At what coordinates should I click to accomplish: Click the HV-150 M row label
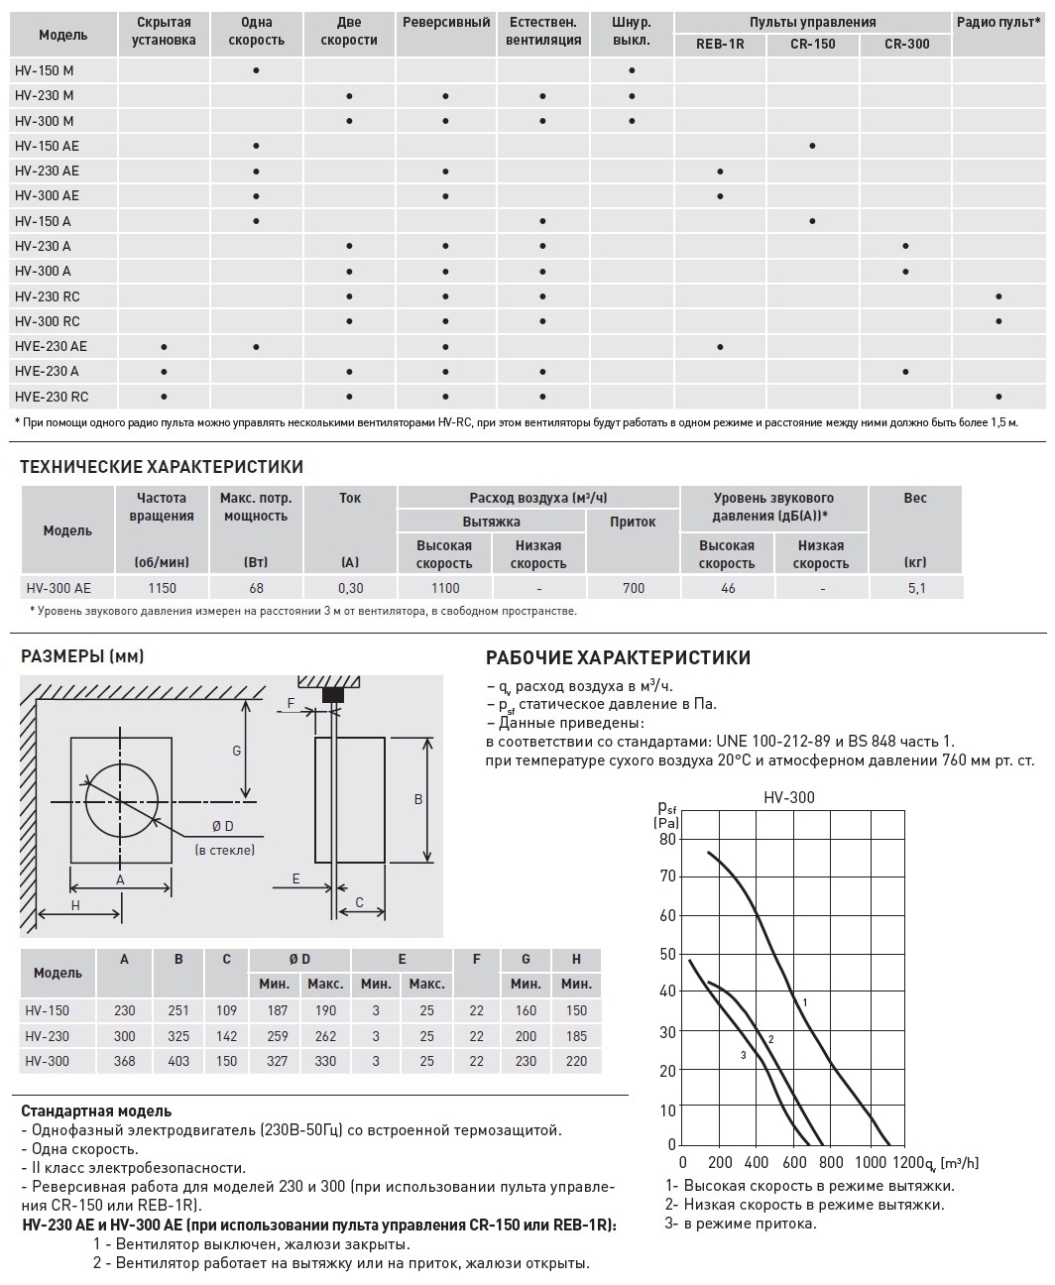click(45, 70)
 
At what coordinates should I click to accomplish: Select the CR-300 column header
click(906, 45)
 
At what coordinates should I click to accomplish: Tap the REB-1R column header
click(720, 45)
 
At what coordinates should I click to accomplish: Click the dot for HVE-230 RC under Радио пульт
click(998, 397)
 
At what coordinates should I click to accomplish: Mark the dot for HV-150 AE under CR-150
click(813, 146)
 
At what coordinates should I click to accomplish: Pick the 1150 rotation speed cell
click(163, 588)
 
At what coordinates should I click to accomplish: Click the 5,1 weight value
click(915, 588)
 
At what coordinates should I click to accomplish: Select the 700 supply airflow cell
click(633, 588)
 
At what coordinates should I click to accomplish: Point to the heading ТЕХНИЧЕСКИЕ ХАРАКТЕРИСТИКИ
click(162, 467)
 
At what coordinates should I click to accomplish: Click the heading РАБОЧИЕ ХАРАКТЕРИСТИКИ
click(618, 658)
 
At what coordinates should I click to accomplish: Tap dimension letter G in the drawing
click(237, 751)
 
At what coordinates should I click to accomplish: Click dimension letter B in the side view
click(418, 799)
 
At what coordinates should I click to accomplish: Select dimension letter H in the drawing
click(75, 905)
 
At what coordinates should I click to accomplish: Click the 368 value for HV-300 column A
click(125, 1060)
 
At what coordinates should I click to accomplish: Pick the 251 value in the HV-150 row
click(178, 1010)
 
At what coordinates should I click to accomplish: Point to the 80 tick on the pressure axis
click(667, 839)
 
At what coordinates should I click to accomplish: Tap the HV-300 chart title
click(789, 797)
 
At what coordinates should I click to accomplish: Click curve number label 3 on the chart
click(743, 1055)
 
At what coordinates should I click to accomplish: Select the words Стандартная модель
click(96, 1111)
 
